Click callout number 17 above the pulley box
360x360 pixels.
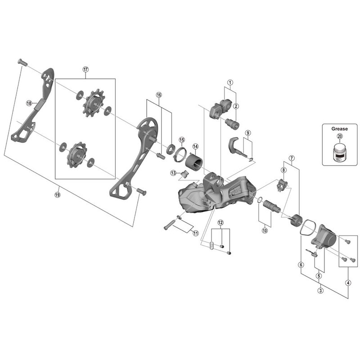click(x=86, y=69)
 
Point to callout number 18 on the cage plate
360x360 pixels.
click(x=29, y=103)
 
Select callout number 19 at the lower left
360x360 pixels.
click(x=57, y=194)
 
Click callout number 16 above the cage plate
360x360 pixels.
click(x=158, y=95)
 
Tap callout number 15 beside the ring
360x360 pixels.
click(x=181, y=139)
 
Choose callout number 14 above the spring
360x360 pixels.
click(x=195, y=146)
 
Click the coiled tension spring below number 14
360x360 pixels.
click(x=196, y=159)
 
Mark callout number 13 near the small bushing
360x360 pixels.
click(x=173, y=173)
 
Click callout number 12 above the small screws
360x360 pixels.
click(x=220, y=223)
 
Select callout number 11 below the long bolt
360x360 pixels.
click(x=195, y=233)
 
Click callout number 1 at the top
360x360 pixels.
click(x=229, y=82)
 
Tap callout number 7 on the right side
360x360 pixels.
click(x=292, y=158)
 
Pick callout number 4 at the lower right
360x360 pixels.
click(x=347, y=283)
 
